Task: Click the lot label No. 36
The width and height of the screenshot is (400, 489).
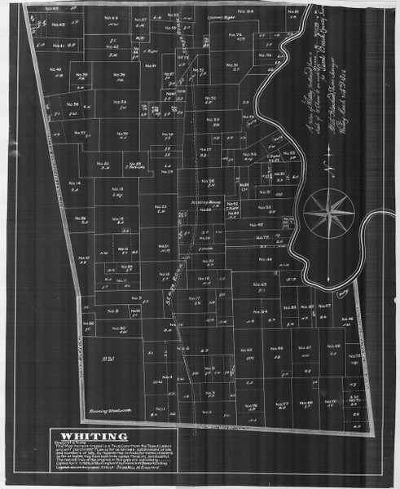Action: click(71, 105)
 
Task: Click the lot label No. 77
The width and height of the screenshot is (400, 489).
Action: click(281, 405)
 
